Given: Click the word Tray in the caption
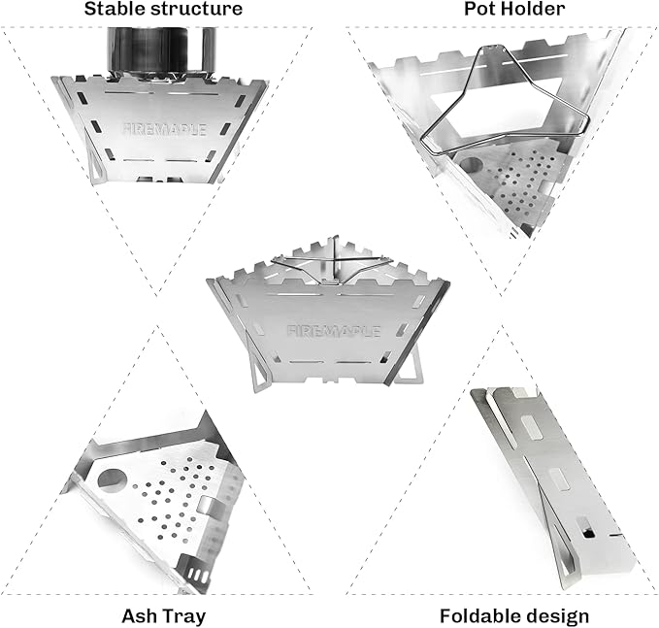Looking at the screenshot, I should [183, 615].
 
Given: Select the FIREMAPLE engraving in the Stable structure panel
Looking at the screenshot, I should [165, 129].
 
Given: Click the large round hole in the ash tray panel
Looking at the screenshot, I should [113, 479].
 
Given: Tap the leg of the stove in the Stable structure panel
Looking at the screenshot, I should [96, 165].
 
